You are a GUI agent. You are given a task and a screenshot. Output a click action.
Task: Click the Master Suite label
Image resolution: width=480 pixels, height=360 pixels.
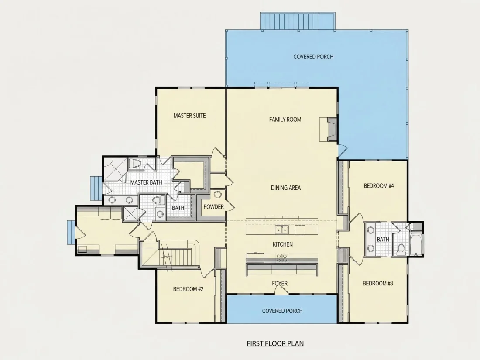click(x=189, y=116)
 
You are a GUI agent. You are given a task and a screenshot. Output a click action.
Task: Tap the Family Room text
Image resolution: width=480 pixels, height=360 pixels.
click(x=285, y=120)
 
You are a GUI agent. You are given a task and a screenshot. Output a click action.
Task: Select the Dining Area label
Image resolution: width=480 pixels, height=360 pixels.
click(x=286, y=188)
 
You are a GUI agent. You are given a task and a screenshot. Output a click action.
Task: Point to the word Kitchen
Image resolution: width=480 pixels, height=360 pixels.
click(x=283, y=244)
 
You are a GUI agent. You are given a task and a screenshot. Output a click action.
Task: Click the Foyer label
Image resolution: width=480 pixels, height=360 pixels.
click(x=280, y=284)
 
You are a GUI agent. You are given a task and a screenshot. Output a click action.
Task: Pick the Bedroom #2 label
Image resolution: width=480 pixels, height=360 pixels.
click(x=188, y=289)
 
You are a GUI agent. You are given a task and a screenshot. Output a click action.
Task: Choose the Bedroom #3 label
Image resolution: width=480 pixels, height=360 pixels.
click(x=378, y=284)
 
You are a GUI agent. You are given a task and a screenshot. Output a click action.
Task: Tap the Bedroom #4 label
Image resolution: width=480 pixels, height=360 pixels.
click(x=379, y=186)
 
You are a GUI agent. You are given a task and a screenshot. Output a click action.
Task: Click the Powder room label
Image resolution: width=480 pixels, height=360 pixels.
click(x=214, y=207)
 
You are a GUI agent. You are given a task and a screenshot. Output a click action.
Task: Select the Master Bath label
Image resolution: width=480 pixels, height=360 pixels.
click(x=146, y=182)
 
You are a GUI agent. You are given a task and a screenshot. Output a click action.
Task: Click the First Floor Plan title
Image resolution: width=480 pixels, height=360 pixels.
click(x=275, y=343)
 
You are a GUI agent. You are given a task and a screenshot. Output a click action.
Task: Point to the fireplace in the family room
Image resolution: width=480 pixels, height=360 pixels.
click(x=332, y=129)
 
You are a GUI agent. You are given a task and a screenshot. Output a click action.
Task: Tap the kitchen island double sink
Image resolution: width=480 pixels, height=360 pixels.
click(x=281, y=230)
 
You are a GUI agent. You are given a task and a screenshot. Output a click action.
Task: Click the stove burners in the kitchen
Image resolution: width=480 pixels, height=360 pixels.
click(x=282, y=259)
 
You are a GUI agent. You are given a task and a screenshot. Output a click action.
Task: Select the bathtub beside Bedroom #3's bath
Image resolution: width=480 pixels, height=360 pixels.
click(x=415, y=244)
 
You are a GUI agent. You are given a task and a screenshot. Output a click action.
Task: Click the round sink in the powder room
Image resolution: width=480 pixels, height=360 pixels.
click(x=218, y=194)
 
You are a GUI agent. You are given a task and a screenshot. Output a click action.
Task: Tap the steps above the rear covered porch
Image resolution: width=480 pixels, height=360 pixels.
click(x=298, y=21)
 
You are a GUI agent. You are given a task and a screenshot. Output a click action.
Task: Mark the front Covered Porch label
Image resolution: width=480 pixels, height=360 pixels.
click(x=282, y=311)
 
